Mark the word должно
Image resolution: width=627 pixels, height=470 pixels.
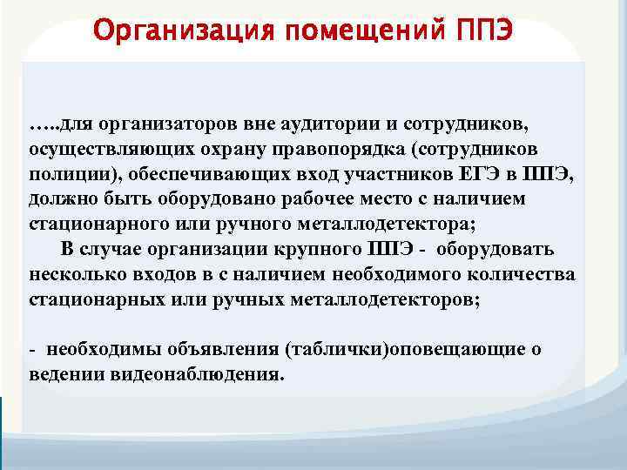[x=61, y=199]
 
